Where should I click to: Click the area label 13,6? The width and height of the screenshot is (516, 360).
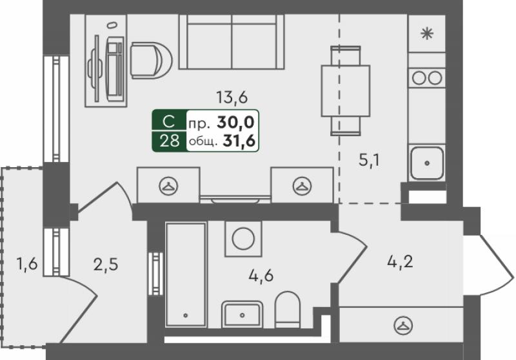coord(232,97)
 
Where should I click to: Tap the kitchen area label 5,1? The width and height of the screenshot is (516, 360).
coord(369,161)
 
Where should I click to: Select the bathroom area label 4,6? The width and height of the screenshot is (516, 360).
coord(261,275)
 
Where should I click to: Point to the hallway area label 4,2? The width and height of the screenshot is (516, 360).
coord(400,263)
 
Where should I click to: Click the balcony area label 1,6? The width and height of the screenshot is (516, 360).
coord(27,264)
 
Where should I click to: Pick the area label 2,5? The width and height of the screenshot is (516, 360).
coord(106,265)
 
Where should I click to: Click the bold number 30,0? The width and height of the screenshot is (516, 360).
coord(235,122)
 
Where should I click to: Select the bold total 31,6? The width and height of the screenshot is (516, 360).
coord(239,141)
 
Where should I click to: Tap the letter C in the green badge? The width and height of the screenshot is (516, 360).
coord(169,121)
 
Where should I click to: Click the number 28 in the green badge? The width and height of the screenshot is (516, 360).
coord(170,141)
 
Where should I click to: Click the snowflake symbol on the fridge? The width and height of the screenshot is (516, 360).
coord(427,34)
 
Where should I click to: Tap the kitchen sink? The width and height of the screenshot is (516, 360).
coord(427,163)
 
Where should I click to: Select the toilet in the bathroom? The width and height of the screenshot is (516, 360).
coord(287,309)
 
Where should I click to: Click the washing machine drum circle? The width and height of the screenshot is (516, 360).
coord(243,238)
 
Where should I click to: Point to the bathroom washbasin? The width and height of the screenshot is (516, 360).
coord(243,314)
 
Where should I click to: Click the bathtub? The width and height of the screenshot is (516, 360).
coord(186,274)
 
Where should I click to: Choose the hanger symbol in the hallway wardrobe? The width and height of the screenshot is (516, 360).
coord(403,325)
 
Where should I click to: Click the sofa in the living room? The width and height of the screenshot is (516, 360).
coord(232,42)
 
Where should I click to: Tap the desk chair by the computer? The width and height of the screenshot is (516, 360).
coord(151,60)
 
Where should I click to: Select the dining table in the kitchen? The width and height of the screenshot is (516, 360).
coord(346,91)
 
